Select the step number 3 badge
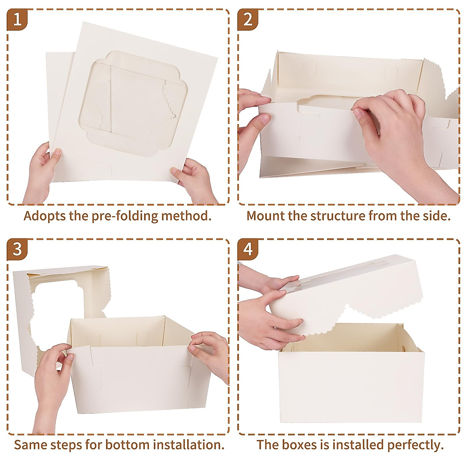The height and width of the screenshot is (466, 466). (17, 249)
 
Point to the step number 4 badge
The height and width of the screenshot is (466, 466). (247, 249)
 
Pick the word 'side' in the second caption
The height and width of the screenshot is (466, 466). (436, 216)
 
